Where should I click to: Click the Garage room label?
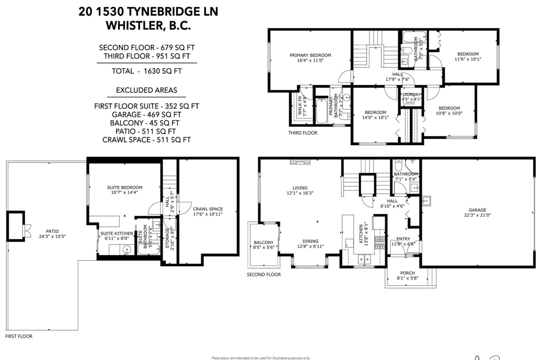(477, 210)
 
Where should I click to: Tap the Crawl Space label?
(207, 209)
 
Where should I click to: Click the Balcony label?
(263, 242)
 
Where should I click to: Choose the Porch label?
(407, 273)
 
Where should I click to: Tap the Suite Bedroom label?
(125, 187)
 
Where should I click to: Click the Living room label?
(300, 188)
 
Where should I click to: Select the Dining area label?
(310, 240)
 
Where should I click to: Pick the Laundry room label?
(411, 94)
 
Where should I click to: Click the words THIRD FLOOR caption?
(302, 133)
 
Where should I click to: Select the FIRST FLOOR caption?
(18, 336)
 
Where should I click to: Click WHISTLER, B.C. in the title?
(148, 26)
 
